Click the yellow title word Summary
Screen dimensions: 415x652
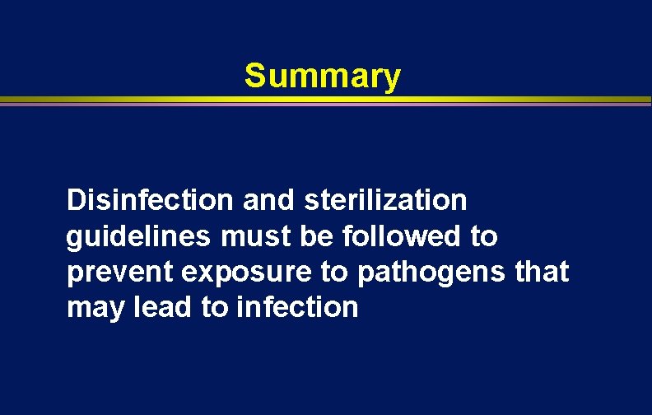pos(323,77)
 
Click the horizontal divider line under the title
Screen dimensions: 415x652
pos(326,101)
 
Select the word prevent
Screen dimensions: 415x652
pos(120,273)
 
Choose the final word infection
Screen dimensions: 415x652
pos(297,308)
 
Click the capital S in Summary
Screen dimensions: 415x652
pos(254,77)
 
